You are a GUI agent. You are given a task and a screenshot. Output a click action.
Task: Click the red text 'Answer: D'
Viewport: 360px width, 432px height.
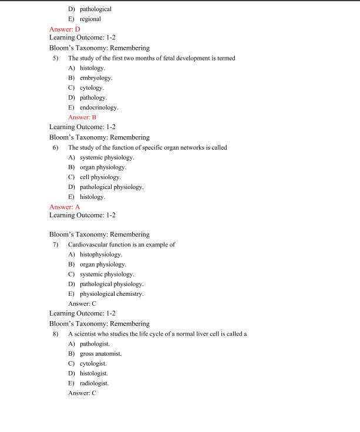65,29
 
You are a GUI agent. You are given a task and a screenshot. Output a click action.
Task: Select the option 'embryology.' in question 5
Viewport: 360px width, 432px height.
96,77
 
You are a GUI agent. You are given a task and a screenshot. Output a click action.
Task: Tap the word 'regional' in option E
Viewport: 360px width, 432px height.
90,19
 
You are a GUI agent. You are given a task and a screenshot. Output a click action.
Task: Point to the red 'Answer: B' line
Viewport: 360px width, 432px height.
82,117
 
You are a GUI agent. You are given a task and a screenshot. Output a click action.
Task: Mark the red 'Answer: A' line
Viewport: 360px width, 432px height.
65,207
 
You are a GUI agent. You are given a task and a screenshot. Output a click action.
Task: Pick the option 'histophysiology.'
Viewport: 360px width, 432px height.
101,254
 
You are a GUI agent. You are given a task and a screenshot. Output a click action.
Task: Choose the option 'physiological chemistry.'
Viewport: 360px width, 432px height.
112,293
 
